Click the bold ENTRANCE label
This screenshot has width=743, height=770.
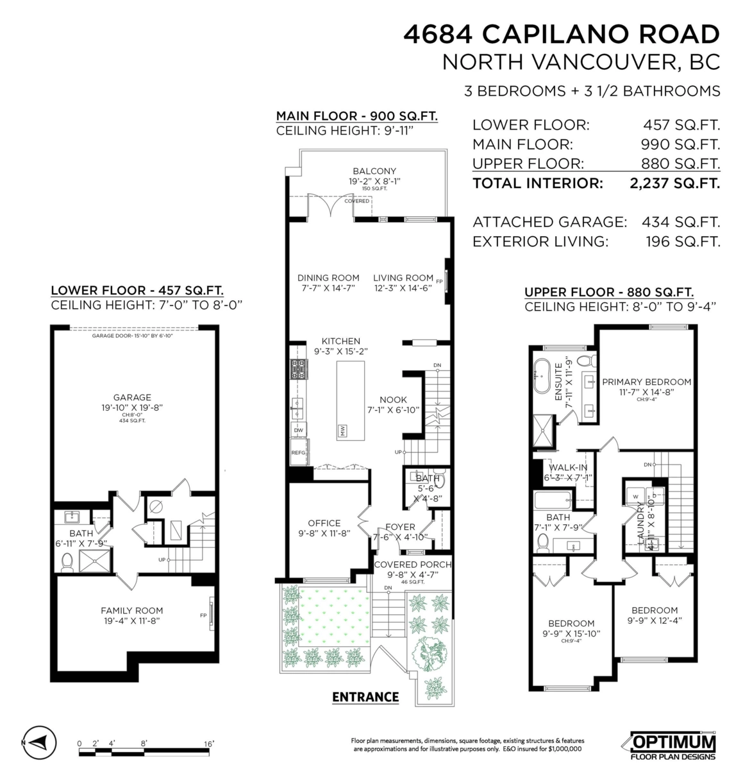(365, 697)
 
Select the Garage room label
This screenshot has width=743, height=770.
(132, 397)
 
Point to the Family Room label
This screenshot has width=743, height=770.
(131, 610)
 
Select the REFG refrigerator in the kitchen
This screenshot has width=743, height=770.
(299, 452)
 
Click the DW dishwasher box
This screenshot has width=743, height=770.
(299, 429)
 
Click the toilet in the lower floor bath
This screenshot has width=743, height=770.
(67, 563)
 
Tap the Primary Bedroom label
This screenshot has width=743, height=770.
(646, 382)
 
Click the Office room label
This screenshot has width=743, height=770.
(324, 523)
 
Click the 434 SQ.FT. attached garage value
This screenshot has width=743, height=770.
(681, 222)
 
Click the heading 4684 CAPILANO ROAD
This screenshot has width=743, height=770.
(562, 33)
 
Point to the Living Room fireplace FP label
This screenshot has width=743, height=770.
(439, 281)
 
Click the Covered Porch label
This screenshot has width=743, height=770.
(412, 565)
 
